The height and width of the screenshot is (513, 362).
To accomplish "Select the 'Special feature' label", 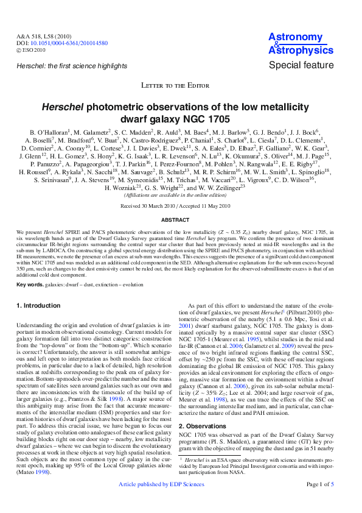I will coord(301,65).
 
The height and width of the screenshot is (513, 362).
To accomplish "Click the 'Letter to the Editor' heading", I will coord(181,86).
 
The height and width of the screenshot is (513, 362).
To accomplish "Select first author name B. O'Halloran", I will coord(50,132).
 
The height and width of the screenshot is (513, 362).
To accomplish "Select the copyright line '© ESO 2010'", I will coord(31,50).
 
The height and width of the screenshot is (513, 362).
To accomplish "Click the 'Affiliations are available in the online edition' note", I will coord(181,195).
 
